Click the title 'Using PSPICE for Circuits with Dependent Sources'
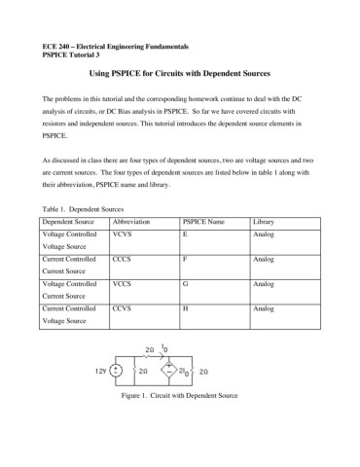click(179, 74)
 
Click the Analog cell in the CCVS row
click(264, 307)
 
